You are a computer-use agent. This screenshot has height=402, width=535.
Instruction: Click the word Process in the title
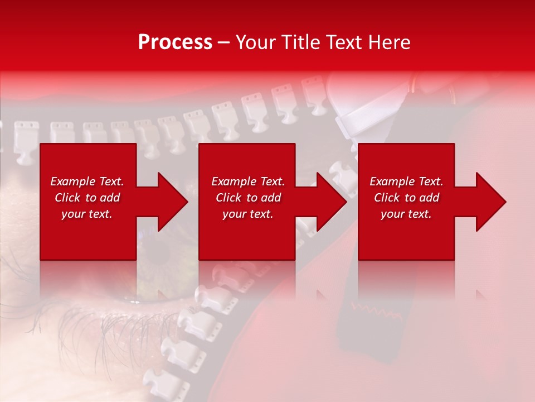tap(175, 42)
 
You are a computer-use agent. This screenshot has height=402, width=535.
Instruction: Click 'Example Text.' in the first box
tap(87, 181)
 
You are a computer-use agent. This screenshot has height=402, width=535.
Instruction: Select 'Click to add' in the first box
tap(87, 198)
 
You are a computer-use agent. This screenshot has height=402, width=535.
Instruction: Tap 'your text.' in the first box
tap(87, 214)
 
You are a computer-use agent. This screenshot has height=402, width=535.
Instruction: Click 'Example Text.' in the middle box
tap(248, 181)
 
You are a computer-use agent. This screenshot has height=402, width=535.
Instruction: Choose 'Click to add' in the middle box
tap(248, 198)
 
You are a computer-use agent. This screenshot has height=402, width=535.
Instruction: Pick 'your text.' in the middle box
tap(248, 214)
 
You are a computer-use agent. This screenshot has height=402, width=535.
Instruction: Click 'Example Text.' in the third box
tap(406, 181)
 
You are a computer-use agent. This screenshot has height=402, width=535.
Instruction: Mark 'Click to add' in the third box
tap(406, 198)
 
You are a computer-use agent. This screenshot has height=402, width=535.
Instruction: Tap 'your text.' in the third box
tap(406, 214)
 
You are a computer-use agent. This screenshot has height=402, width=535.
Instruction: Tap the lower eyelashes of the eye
tap(84, 324)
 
